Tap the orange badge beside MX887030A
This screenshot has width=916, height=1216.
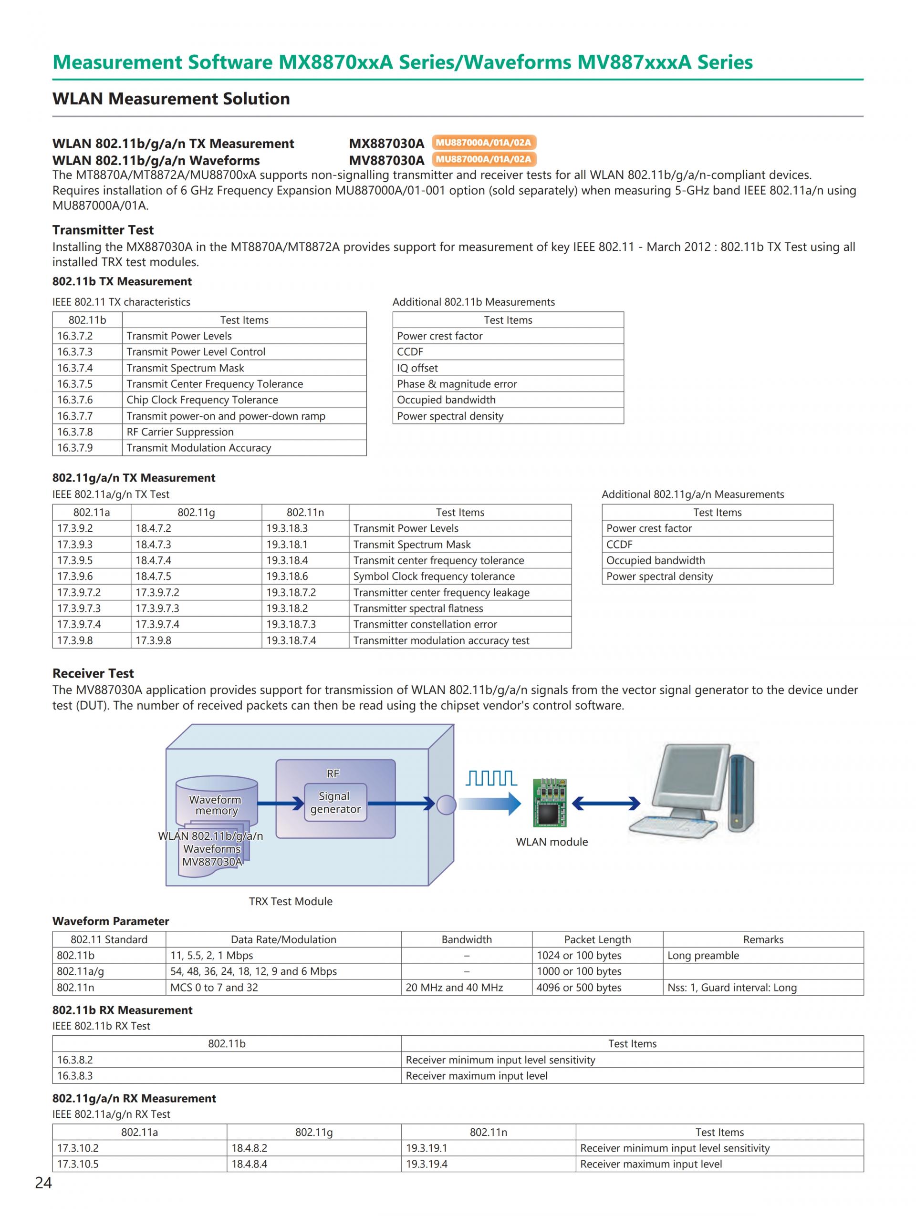click(x=483, y=143)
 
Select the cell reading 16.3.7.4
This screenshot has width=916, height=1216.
click(x=75, y=368)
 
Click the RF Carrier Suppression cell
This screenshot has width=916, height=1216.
click(x=180, y=432)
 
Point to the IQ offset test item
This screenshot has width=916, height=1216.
click(x=417, y=368)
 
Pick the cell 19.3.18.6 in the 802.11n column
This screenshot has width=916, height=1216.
click(x=287, y=576)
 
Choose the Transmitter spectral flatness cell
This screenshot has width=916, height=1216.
click(x=418, y=608)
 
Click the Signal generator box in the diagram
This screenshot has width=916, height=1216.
click(x=335, y=803)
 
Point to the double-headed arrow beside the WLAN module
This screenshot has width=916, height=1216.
click(x=606, y=804)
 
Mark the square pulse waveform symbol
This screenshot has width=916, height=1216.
click(x=490, y=778)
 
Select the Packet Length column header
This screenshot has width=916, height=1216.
click(x=597, y=939)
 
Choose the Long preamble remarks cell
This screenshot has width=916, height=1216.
click(x=703, y=956)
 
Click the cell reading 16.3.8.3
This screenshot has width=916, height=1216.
click(x=75, y=1076)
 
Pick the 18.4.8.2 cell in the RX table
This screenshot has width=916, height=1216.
click(x=249, y=1148)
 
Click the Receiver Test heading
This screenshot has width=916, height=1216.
click(x=93, y=673)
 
